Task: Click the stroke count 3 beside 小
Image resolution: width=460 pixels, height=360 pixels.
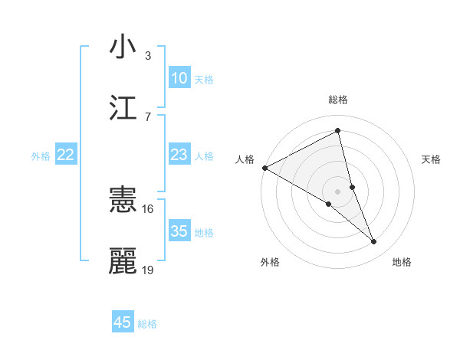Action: pyautogui.click(x=147, y=55)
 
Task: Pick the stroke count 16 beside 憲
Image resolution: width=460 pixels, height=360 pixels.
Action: pyautogui.click(x=147, y=208)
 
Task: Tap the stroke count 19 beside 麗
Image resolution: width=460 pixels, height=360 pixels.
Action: pyautogui.click(x=148, y=270)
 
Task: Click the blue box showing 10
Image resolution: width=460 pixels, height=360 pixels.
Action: pyautogui.click(x=179, y=78)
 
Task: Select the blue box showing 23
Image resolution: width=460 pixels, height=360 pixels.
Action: pyautogui.click(x=179, y=155)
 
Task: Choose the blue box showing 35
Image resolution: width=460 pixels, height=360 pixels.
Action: pyautogui.click(x=179, y=231)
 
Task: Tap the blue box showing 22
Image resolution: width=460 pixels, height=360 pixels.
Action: pyautogui.click(x=66, y=155)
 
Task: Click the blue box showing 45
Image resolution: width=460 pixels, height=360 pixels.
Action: pyautogui.click(x=123, y=322)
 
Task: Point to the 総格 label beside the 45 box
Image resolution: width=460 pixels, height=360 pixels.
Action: pyautogui.click(x=147, y=324)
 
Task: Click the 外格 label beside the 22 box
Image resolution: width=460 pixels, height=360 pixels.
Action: pyautogui.click(x=41, y=156)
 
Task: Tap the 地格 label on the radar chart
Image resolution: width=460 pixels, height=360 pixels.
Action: pyautogui.click(x=402, y=263)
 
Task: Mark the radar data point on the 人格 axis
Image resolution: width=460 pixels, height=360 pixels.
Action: pyautogui.click(x=264, y=168)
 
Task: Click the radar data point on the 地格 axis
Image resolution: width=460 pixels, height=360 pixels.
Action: pyautogui.click(x=374, y=242)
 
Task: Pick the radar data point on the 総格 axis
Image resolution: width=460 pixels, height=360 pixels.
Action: pyautogui.click(x=338, y=131)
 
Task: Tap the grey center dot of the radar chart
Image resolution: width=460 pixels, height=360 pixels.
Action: pyautogui.click(x=338, y=191)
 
